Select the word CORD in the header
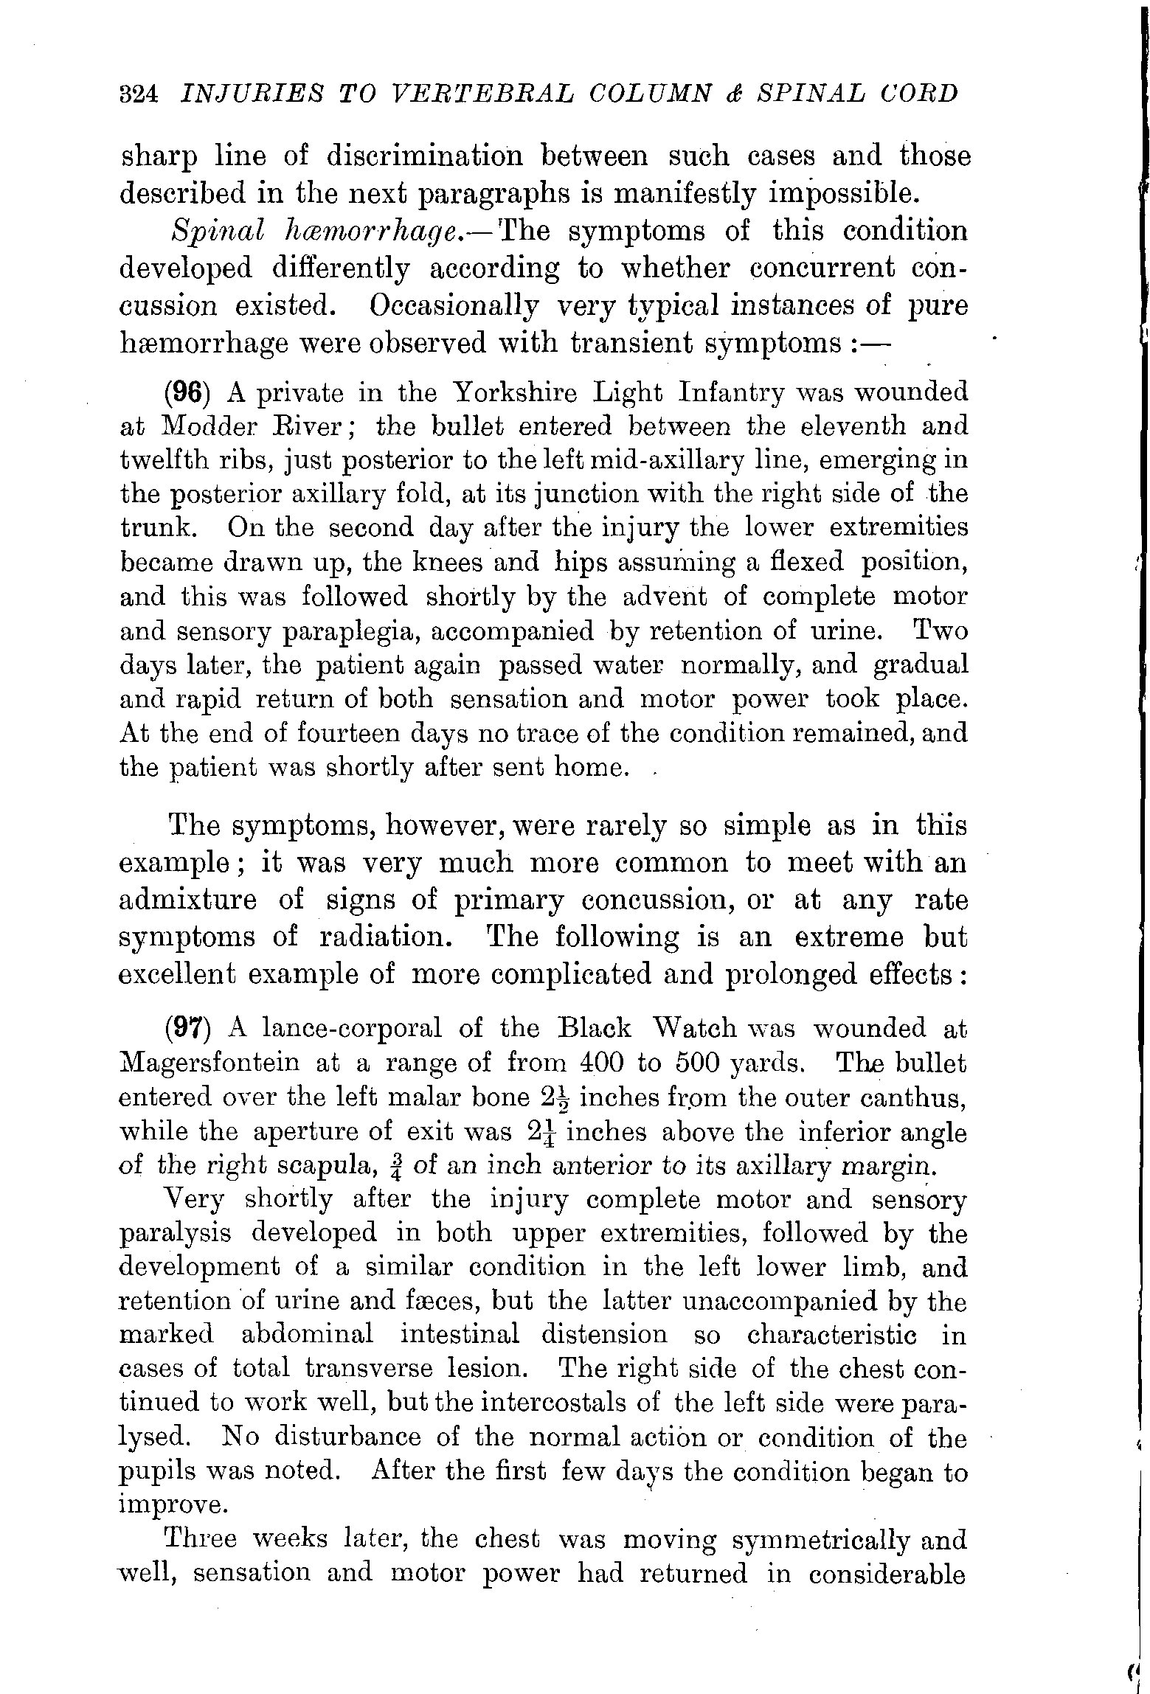pos(910,94)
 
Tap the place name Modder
pos(215,427)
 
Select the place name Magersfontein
pos(209,1063)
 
